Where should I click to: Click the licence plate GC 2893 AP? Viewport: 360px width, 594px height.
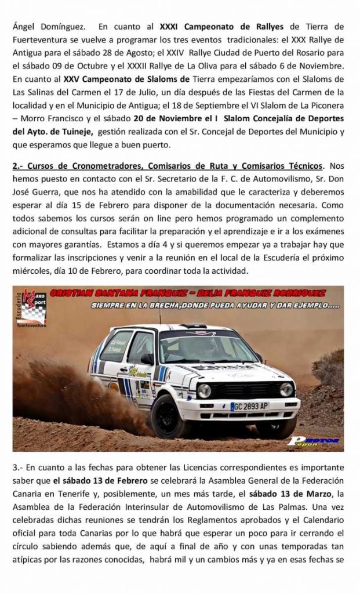pos(249,406)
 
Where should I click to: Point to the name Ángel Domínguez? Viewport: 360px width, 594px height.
pos(48,26)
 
